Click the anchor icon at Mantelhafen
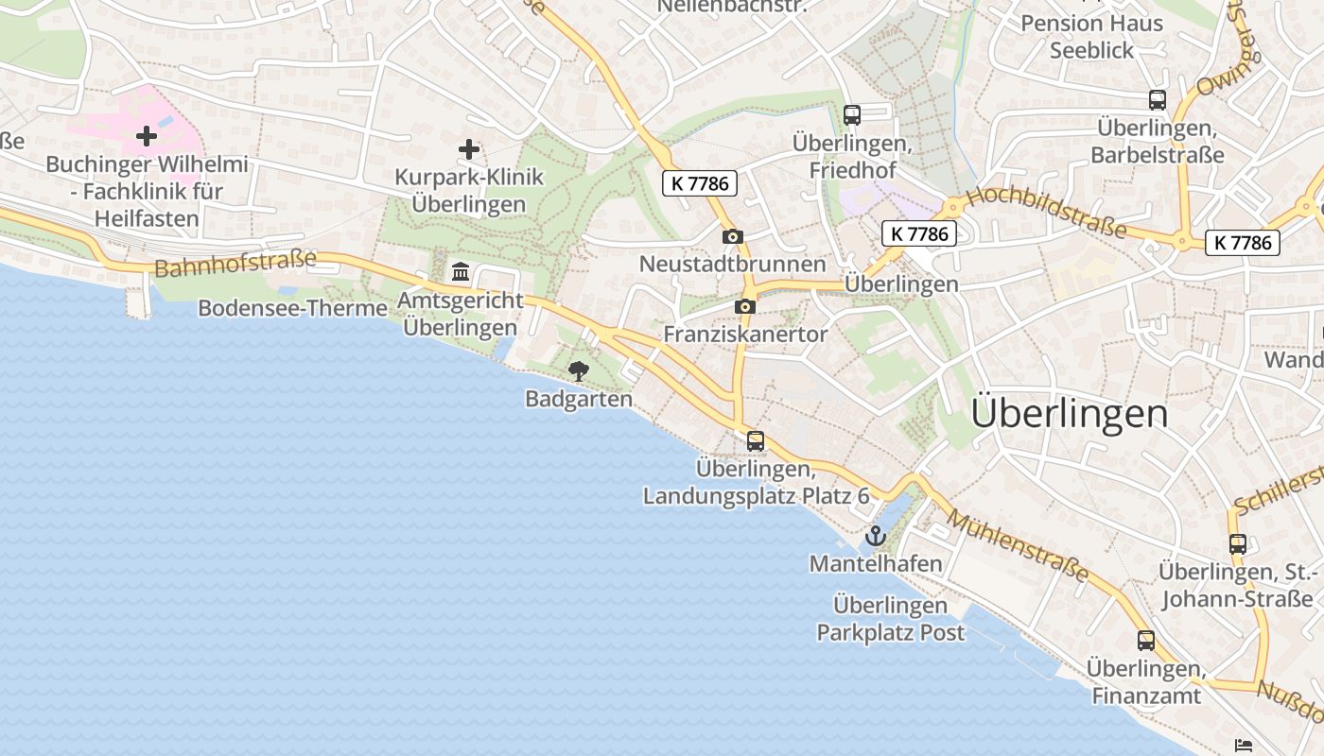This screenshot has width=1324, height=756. pos(876,537)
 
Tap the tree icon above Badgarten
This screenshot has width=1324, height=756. pos(577,371)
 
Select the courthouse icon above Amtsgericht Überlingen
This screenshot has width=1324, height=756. pos(461,272)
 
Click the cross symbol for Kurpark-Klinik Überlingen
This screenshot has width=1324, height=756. pos(468,149)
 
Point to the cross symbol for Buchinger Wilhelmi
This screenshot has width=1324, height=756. pos(147,136)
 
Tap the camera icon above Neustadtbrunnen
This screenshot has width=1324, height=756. pos(732,237)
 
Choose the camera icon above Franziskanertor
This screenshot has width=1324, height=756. pos(745,306)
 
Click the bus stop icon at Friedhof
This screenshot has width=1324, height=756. pos(852,115)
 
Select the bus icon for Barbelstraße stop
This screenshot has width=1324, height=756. pos(1158,99)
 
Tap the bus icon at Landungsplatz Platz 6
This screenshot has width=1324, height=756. pos(756,440)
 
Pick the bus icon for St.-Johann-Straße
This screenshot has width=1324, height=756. pos(1238,543)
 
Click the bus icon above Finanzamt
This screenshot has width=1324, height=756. pos(1146,641)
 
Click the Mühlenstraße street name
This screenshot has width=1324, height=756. pos(1019,546)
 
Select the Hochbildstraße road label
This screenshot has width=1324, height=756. pos(1047,213)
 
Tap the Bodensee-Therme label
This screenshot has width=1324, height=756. pos(292,308)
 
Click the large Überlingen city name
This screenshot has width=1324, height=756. pos(1070,413)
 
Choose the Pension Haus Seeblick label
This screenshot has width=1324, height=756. pos(1091,37)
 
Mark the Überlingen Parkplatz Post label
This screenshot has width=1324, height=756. pos(891,619)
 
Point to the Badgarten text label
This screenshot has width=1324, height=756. pos(579,399)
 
